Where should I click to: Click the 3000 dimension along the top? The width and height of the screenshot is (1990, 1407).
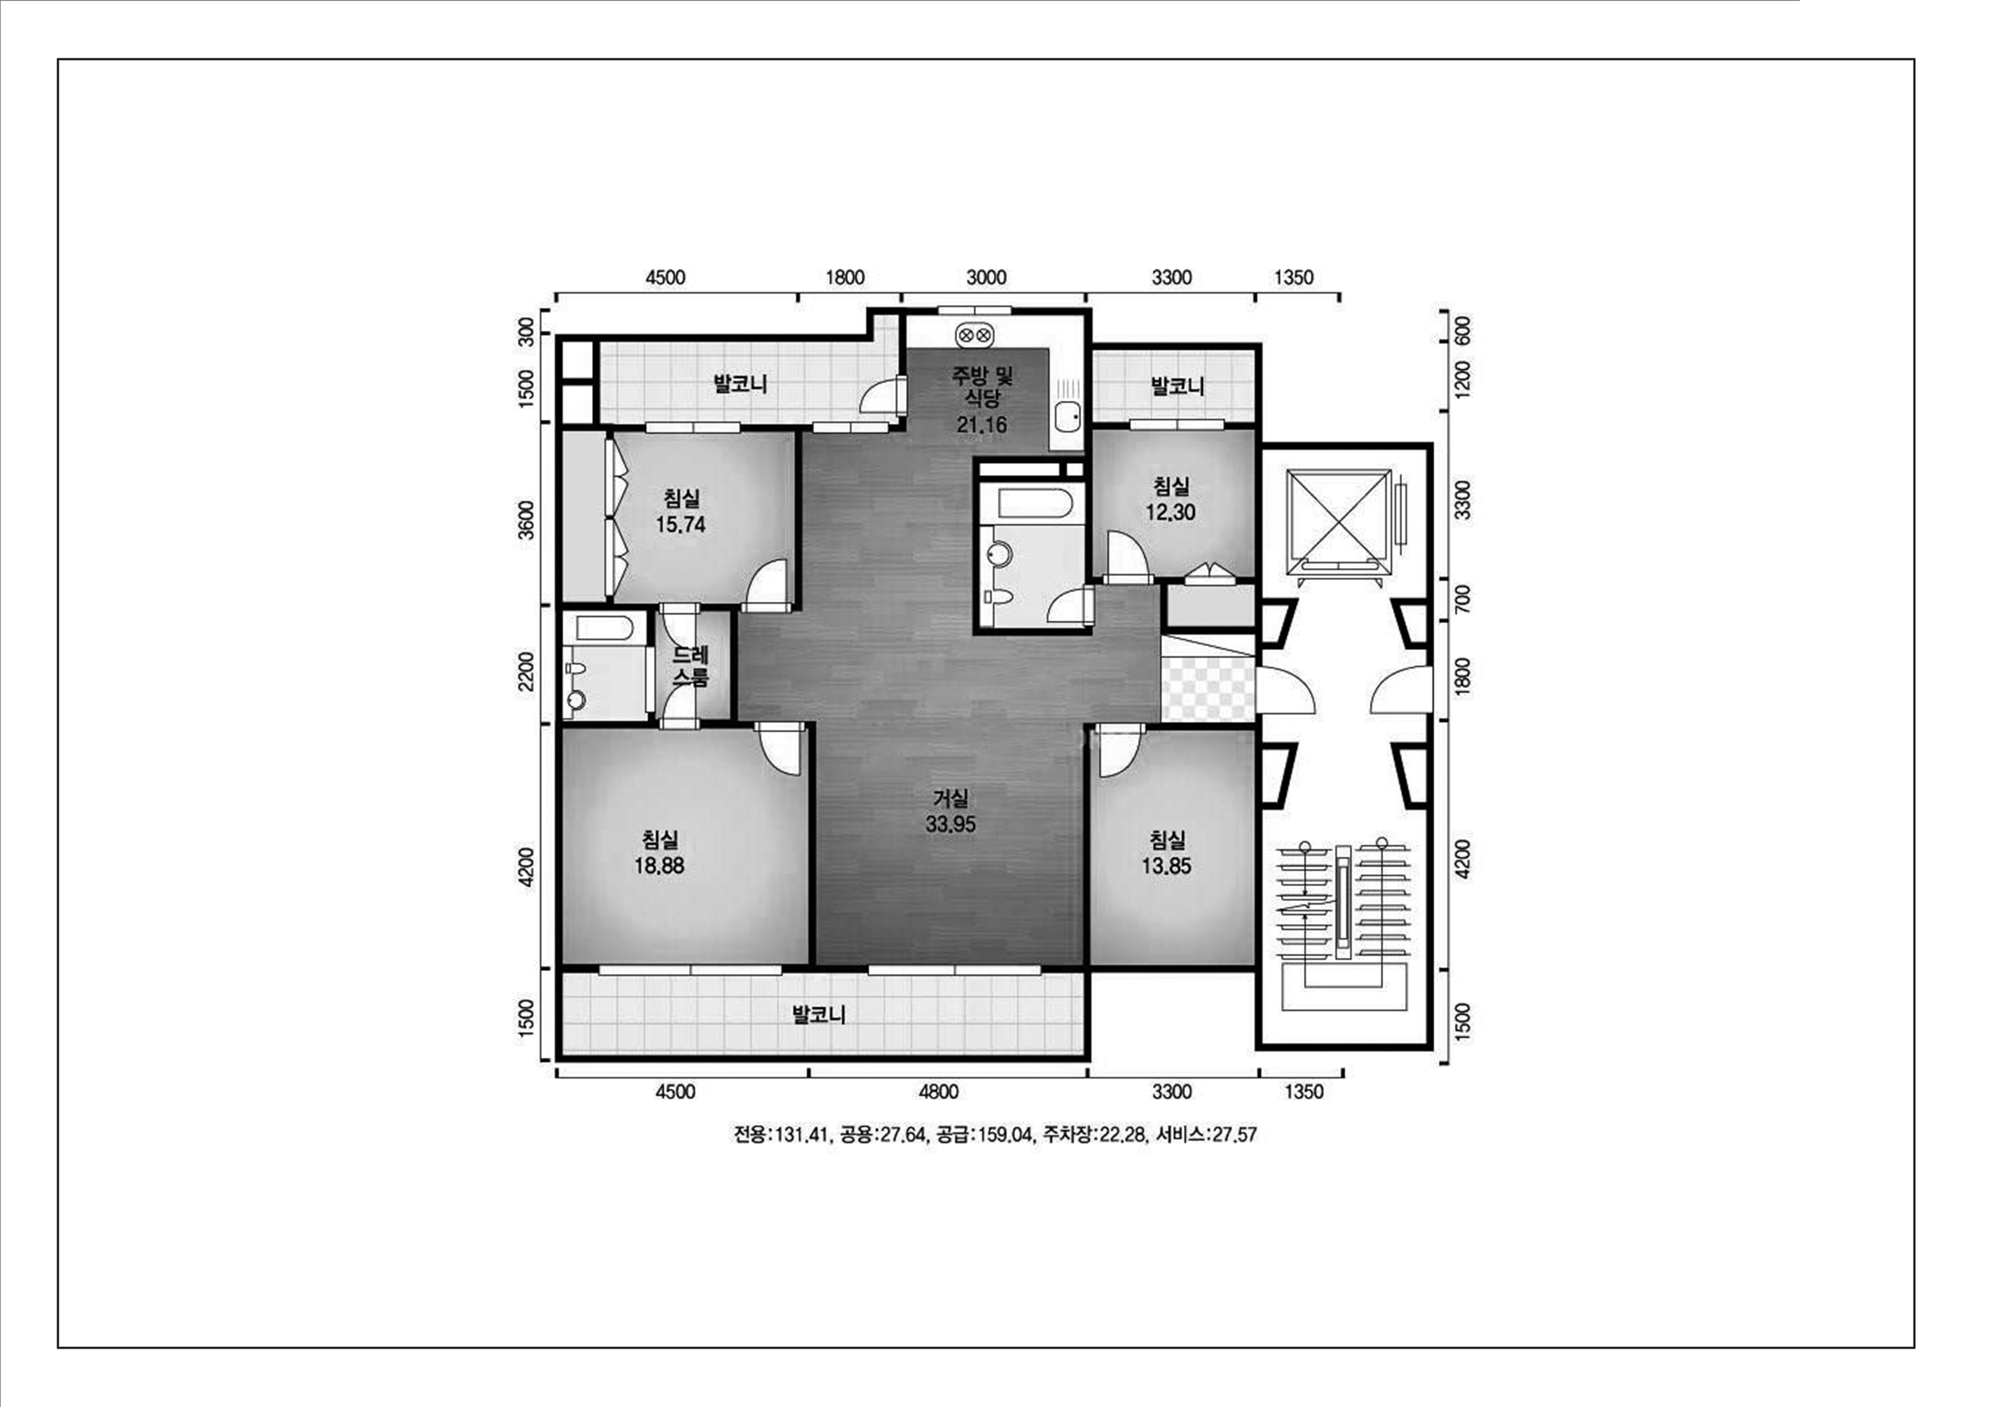pos(986,278)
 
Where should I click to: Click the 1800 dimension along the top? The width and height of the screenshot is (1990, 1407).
pos(845,278)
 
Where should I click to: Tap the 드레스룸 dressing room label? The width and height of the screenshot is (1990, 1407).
pos(691,666)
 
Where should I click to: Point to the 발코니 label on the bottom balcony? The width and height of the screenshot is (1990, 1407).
pos(819,1014)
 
